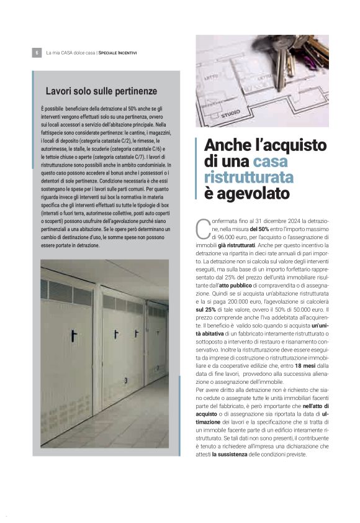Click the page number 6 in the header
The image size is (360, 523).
[36, 53]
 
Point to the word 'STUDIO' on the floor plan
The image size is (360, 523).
[231, 114]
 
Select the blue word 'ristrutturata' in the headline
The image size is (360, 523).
[249, 178]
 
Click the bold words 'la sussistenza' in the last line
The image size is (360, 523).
[230, 455]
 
